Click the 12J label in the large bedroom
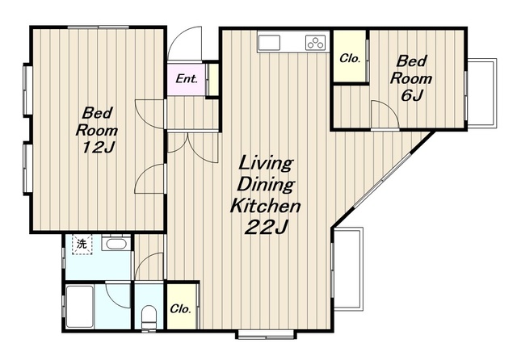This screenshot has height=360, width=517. pyautogui.click(x=98, y=148)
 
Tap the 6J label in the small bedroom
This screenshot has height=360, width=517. pyautogui.click(x=411, y=95)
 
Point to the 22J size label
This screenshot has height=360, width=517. pyautogui.click(x=267, y=227)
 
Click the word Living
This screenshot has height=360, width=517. pyautogui.click(x=266, y=163)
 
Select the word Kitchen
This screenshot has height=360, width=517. pyautogui.click(x=265, y=206)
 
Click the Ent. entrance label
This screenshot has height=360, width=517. pyautogui.click(x=187, y=79)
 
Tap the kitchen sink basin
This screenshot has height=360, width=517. pyautogui.click(x=269, y=43)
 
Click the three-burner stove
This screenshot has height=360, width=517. pyautogui.click(x=315, y=43)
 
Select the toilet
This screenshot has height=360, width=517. pyautogui.click(x=149, y=317)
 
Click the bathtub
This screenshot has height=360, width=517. pyautogui.click(x=80, y=306)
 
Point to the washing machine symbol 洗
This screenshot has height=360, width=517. pyautogui.click(x=82, y=244)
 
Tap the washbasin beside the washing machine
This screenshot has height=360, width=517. pyautogui.click(x=114, y=245)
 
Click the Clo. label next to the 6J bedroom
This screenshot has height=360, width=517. pyautogui.click(x=350, y=59)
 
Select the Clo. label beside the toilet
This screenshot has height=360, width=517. pyautogui.click(x=181, y=308)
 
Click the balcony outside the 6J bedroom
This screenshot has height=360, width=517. pyautogui.click(x=482, y=92)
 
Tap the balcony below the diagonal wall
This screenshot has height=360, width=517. pyautogui.click(x=348, y=269)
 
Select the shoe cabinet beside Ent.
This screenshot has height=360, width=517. pyautogui.click(x=213, y=79)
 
